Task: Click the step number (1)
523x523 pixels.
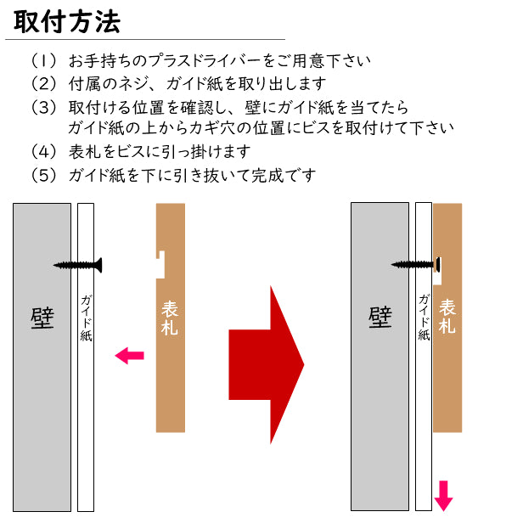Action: click(x=42, y=61)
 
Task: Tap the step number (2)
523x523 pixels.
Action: click(x=42, y=84)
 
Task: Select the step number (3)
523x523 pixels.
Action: click(x=42, y=108)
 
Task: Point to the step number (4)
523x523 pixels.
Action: click(x=42, y=152)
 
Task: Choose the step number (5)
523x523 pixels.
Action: click(x=42, y=175)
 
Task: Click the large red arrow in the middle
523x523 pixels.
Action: click(x=266, y=365)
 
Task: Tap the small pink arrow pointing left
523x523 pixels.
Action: click(x=129, y=355)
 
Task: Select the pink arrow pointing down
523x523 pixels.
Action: click(x=444, y=496)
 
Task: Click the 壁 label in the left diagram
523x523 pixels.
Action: click(x=42, y=318)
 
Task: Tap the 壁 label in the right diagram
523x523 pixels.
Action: click(x=380, y=318)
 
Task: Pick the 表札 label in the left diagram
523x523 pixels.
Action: click(x=170, y=318)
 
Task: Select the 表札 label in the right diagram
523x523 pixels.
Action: click(x=447, y=315)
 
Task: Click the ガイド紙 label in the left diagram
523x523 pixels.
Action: click(x=86, y=318)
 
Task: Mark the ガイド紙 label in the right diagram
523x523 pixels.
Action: click(x=425, y=317)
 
